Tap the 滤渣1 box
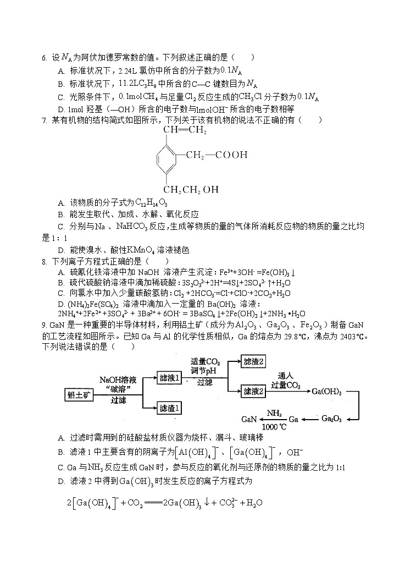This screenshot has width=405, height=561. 169,408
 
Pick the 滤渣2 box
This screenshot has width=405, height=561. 254,361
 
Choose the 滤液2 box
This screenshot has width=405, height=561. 254,391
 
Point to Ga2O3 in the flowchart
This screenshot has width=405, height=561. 331,419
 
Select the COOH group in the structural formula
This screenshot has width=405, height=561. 231,155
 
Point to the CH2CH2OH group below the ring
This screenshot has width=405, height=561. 191,190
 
